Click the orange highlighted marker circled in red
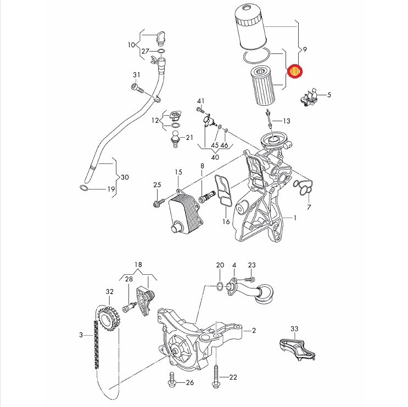tap(295, 72)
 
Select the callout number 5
tap(329, 95)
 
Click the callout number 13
tap(287, 121)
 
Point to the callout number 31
tap(137, 75)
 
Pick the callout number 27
tap(146, 51)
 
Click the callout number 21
tap(189, 137)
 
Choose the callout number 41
tap(201, 100)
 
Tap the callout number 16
tap(226, 222)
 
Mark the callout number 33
tap(294, 329)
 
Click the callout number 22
tap(233, 377)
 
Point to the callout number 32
tap(109, 292)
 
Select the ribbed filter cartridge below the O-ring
tap(262, 87)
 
